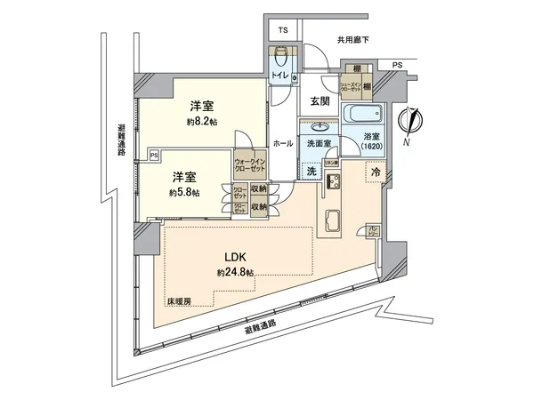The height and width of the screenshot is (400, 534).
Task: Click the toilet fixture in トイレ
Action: [282, 61]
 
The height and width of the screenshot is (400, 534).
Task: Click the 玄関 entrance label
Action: [320, 101]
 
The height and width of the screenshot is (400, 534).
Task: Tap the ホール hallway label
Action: [282, 143]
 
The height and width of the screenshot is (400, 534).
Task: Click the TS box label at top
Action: [282, 30]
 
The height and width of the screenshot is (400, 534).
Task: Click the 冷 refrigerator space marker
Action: [376, 171]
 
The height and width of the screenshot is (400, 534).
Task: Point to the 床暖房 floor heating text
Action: [179, 300]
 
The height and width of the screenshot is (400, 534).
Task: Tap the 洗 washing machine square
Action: [311, 170]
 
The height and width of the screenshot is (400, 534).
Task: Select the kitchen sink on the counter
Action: [328, 220]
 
